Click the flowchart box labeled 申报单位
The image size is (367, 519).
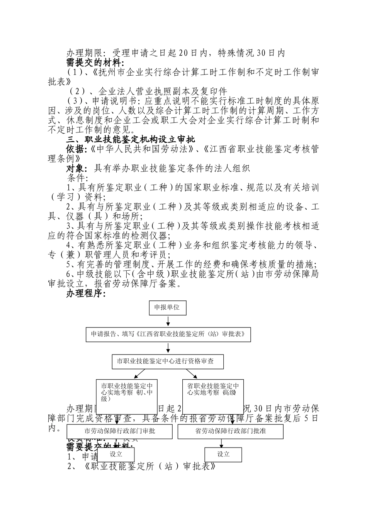click(x=167, y=307)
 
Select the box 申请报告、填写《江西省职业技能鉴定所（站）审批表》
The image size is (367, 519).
click(x=168, y=334)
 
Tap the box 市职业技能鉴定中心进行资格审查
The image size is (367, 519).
click(x=168, y=361)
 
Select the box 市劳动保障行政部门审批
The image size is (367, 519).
click(x=119, y=431)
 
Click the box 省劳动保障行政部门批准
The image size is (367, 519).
click(x=230, y=431)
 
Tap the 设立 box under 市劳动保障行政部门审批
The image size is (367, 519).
click(x=116, y=454)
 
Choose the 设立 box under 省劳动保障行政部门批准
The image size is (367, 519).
click(x=223, y=455)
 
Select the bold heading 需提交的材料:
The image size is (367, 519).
click(x=95, y=63)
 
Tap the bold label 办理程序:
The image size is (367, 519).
click(x=86, y=294)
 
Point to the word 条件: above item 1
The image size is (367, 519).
click(x=78, y=178)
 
